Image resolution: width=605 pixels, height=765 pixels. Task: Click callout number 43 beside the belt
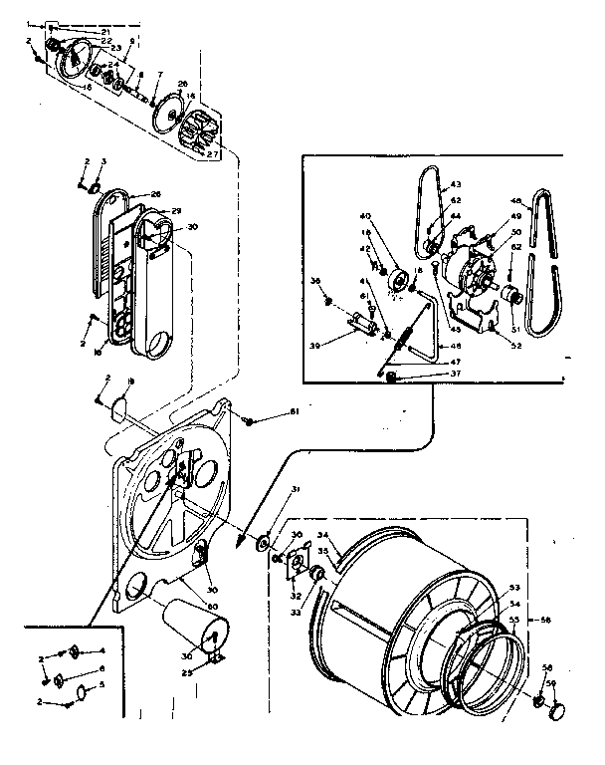click(x=457, y=184)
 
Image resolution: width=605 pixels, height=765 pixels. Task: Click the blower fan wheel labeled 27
click(x=205, y=130)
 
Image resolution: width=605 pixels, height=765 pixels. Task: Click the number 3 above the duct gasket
click(x=101, y=161)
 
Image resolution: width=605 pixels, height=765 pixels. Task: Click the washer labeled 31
click(x=264, y=542)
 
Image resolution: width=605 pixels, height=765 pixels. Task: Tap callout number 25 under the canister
click(x=215, y=674)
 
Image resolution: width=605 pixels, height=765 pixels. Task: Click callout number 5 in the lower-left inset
click(x=104, y=686)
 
